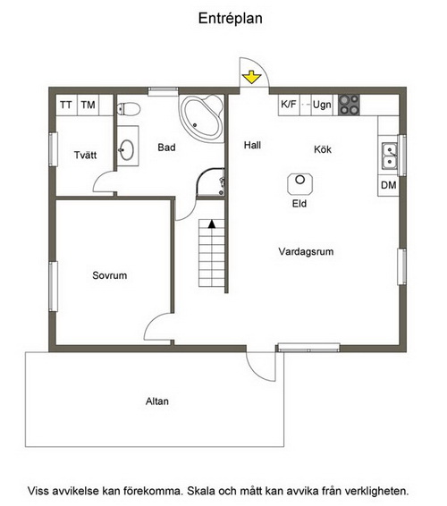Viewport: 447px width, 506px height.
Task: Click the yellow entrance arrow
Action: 251,78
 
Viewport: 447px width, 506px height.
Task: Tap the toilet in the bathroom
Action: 128,109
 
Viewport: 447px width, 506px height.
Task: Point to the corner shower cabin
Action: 211,182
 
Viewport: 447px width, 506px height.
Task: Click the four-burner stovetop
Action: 349,105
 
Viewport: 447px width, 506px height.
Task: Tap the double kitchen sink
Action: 390,156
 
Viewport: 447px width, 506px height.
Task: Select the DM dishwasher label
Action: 389,185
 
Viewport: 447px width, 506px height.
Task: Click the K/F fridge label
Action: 289,105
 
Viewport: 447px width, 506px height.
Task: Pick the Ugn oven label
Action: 322,105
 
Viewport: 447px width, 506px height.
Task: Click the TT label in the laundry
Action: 66,105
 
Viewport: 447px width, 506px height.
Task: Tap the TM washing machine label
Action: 88,105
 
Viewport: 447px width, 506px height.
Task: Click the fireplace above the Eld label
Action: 300,184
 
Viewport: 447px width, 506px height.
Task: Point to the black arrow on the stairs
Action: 212,224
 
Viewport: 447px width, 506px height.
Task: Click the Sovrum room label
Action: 110,275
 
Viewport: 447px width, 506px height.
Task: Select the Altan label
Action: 157,401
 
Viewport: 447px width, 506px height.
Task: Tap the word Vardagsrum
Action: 306,252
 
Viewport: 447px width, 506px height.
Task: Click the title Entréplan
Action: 230,19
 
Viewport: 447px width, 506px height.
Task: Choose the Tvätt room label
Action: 85,155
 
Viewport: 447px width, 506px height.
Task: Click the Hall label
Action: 252,145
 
